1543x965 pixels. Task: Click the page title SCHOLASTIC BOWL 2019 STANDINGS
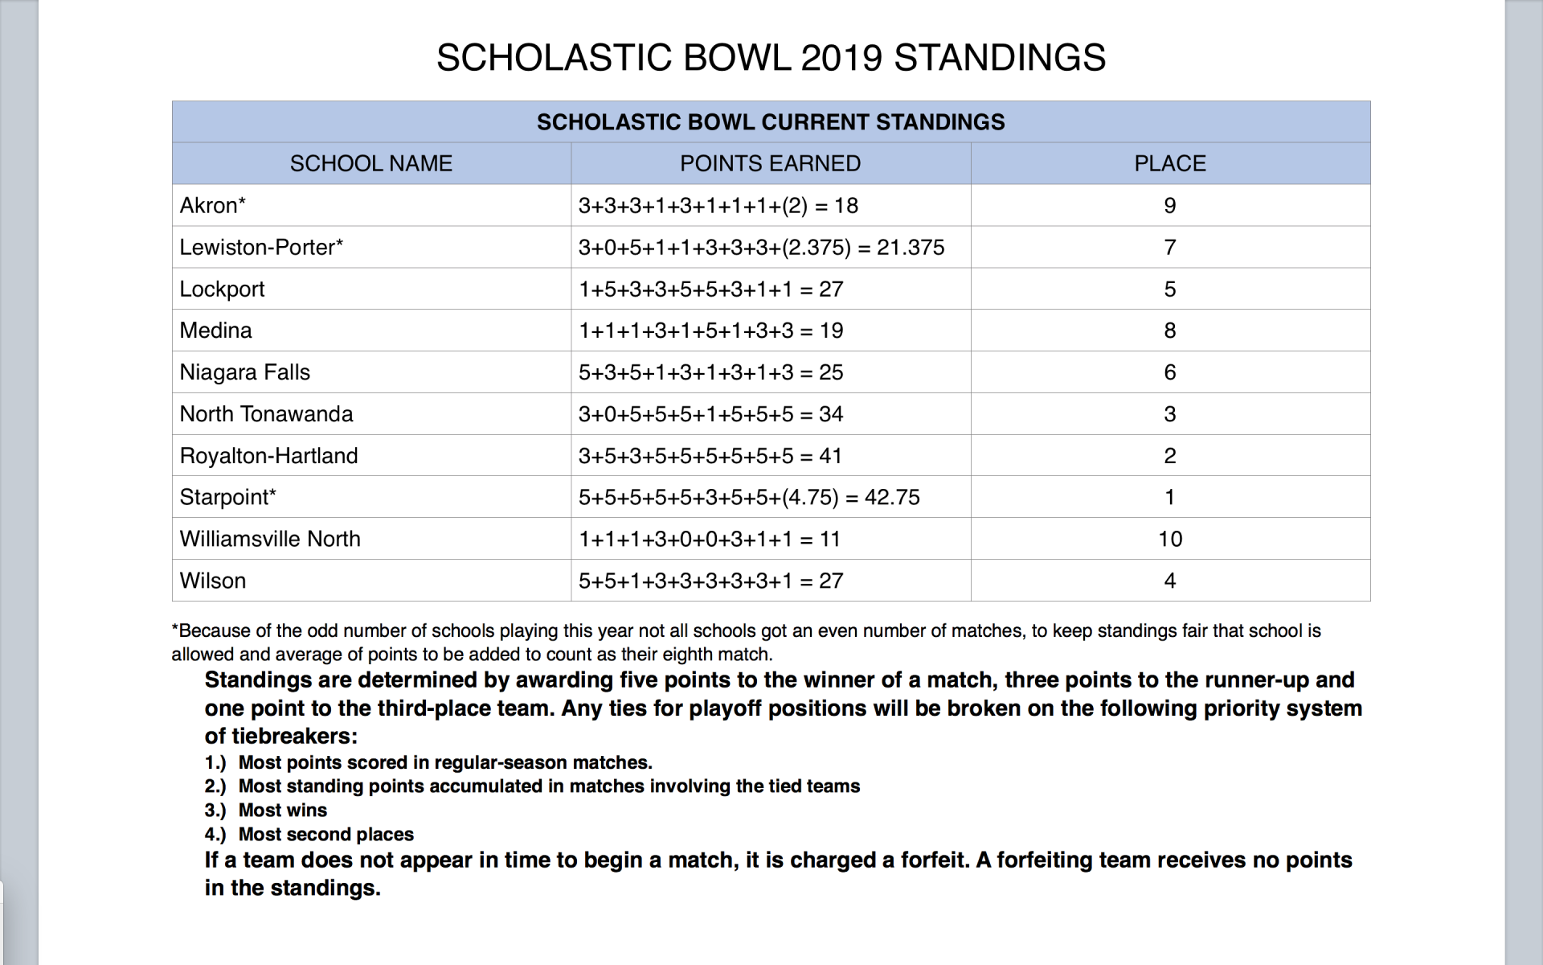pyautogui.click(x=771, y=58)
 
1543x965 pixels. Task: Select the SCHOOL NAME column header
pyautogui.click(x=370, y=164)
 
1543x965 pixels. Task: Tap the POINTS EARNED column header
pyautogui.click(x=770, y=164)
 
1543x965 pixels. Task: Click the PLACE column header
pyautogui.click(x=1169, y=164)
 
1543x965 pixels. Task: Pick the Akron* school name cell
pyautogui.click(x=213, y=206)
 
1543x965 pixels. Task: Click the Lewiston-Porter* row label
pyautogui.click(x=261, y=248)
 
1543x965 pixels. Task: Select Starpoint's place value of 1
pyautogui.click(x=1169, y=498)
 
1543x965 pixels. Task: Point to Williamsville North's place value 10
pyautogui.click(x=1169, y=540)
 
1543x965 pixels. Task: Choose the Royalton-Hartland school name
pyautogui.click(x=268, y=456)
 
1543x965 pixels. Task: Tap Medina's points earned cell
pyautogui.click(x=710, y=331)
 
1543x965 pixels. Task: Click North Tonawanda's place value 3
pyautogui.click(x=1169, y=414)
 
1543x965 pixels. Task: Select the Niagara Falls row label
pyautogui.click(x=244, y=372)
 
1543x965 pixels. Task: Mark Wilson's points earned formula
pyautogui.click(x=710, y=581)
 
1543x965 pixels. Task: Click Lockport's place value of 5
pyautogui.click(x=1169, y=289)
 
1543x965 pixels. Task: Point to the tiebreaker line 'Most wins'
pyautogui.click(x=282, y=811)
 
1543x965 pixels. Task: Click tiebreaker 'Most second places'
pyautogui.click(x=325, y=835)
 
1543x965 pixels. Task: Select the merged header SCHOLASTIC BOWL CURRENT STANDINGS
pyautogui.click(x=770, y=122)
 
